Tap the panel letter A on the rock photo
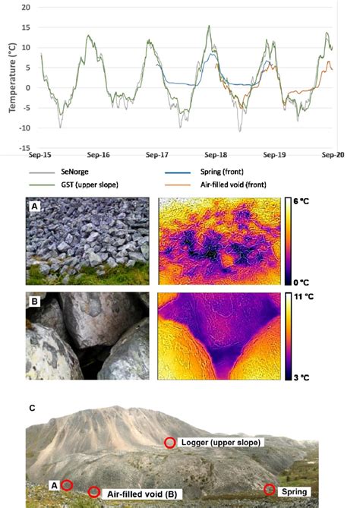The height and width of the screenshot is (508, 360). click(x=34, y=206)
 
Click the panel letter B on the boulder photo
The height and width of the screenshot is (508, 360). click(x=34, y=298)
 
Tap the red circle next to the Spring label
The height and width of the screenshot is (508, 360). click(x=270, y=489)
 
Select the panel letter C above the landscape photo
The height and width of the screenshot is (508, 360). click(x=32, y=408)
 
